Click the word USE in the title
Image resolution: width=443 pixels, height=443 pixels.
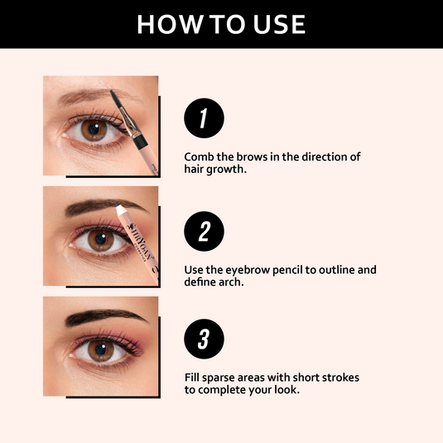[x=278, y=24]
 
